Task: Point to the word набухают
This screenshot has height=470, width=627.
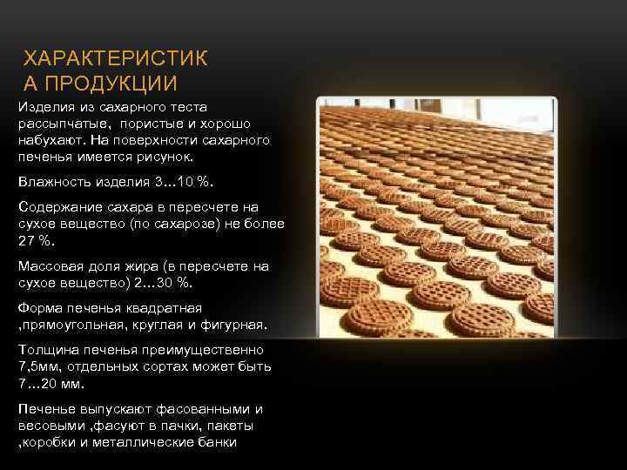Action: click(x=51, y=139)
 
